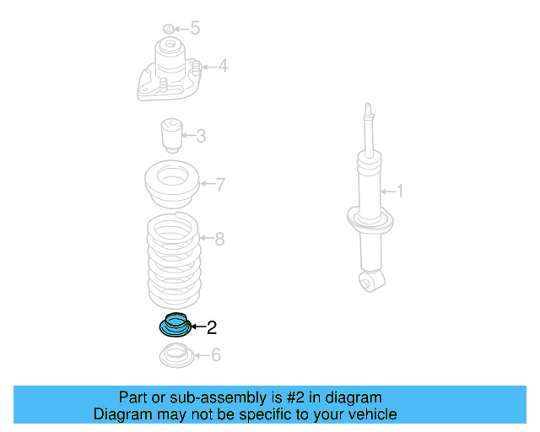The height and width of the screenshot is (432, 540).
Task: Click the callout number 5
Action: (x=195, y=29)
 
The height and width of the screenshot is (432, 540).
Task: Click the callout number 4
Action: (x=223, y=66)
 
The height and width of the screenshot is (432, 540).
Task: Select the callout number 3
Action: (x=201, y=135)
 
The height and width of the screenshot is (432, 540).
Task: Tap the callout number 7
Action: (x=220, y=185)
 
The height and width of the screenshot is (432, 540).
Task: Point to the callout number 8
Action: (x=219, y=239)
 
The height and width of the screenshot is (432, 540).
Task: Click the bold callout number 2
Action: (x=212, y=327)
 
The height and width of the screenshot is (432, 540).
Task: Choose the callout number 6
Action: (x=216, y=355)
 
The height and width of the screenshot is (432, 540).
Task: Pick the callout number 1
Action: (x=399, y=192)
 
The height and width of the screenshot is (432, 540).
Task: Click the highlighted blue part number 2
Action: (x=174, y=324)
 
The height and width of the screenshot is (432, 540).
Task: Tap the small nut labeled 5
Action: (x=168, y=29)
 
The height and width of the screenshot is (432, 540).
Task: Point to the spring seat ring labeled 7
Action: (x=174, y=186)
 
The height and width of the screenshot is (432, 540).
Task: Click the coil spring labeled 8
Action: (x=175, y=262)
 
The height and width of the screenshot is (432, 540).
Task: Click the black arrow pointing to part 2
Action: (x=198, y=327)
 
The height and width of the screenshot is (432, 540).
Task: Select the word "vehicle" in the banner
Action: (x=369, y=414)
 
